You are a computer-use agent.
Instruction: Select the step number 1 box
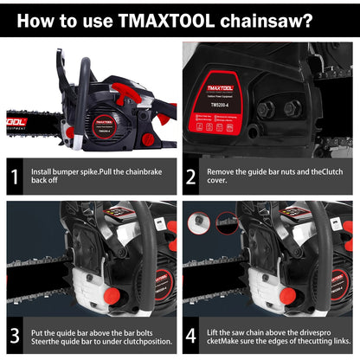point(14,177)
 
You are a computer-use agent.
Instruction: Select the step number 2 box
point(191,177)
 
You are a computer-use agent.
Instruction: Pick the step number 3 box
point(14,335)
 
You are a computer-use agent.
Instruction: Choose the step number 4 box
point(191,335)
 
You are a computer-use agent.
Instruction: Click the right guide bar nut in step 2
point(294,108)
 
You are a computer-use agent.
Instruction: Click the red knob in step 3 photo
point(111,296)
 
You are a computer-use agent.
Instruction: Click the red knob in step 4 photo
point(287,296)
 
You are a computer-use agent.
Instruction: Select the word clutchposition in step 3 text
point(134,341)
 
